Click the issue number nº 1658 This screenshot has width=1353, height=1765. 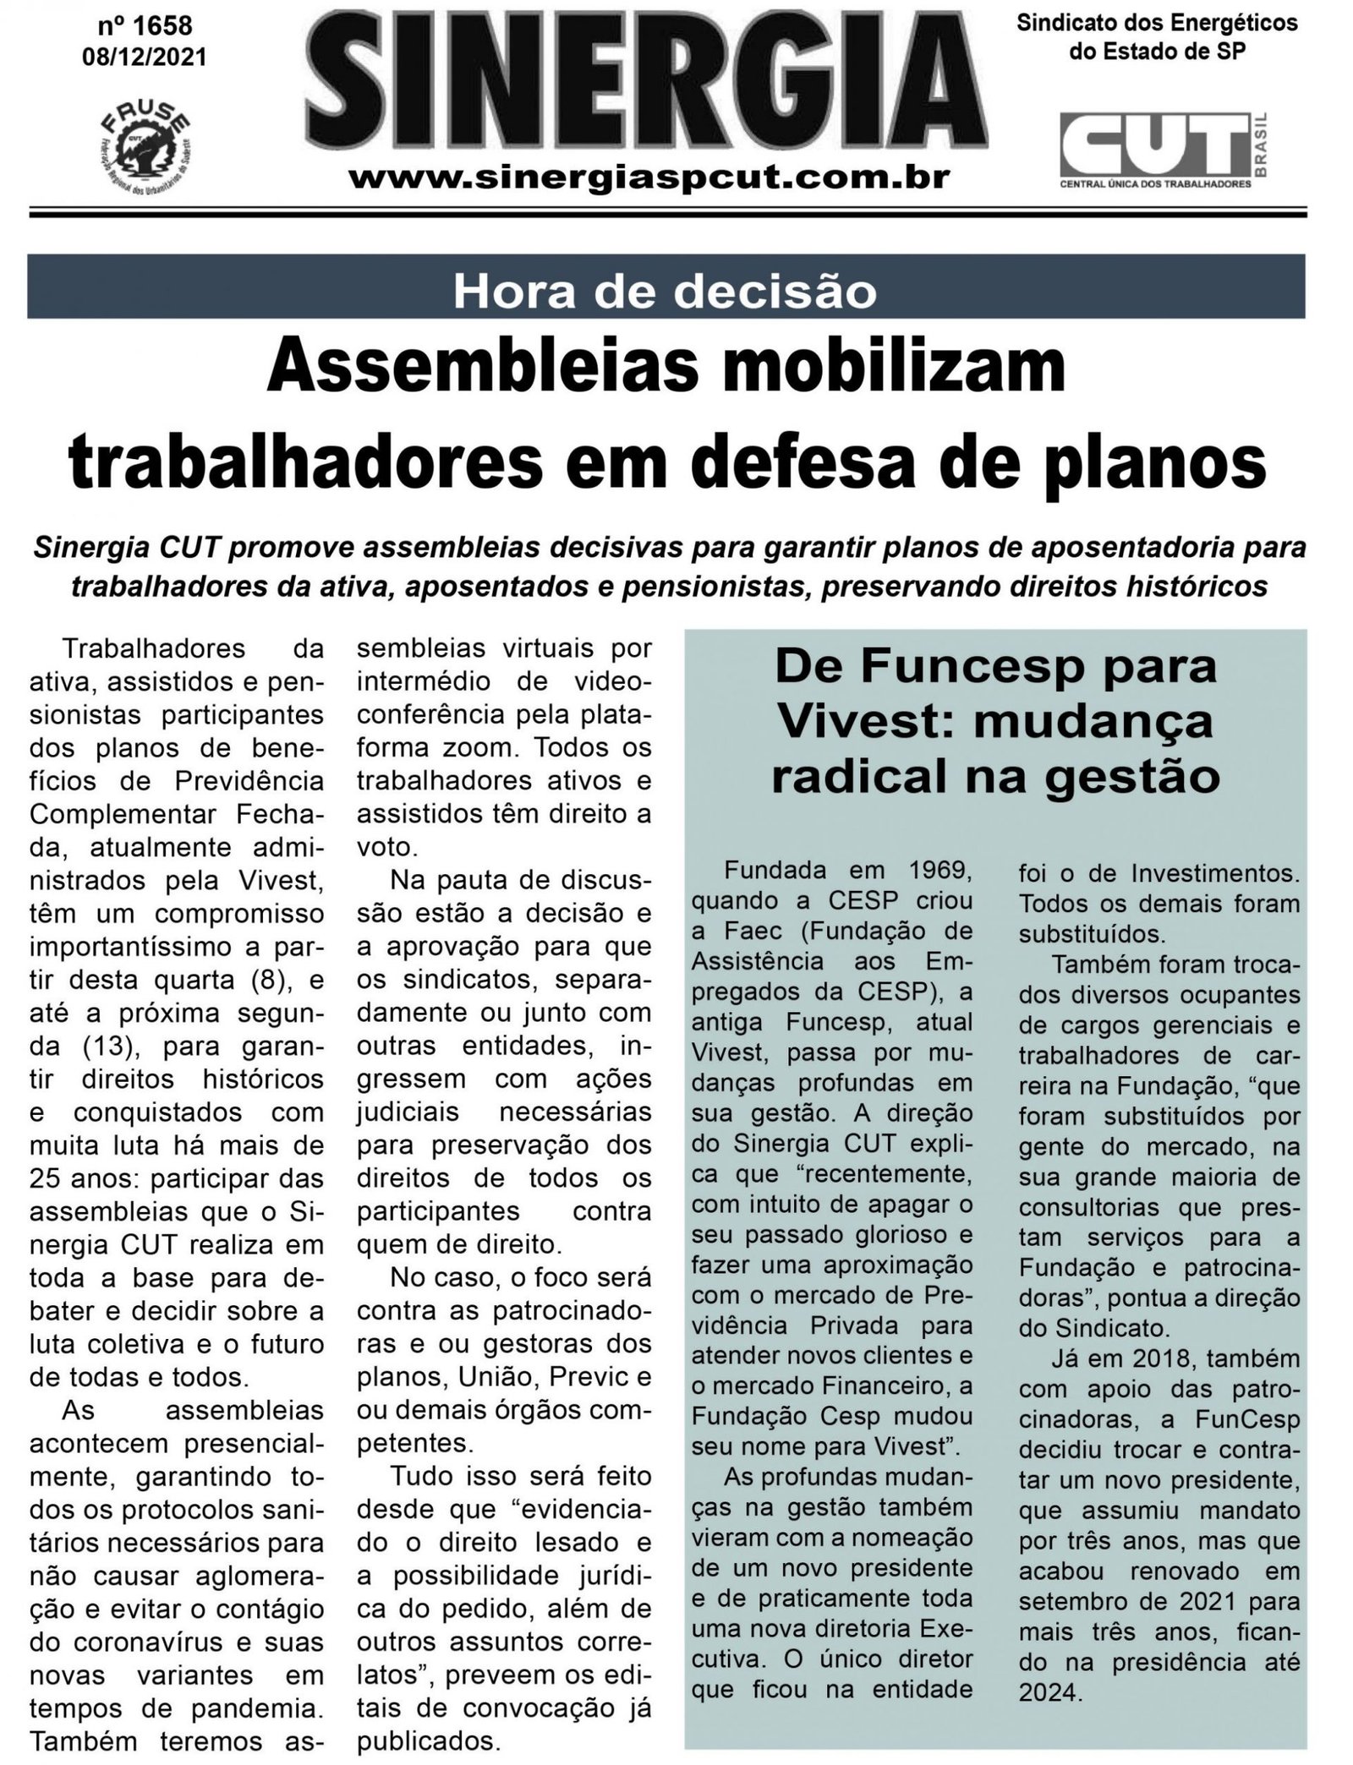click(145, 25)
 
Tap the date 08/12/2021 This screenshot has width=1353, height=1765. click(145, 56)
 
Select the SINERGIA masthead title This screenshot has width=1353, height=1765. click(649, 81)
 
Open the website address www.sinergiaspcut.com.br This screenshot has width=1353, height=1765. click(649, 178)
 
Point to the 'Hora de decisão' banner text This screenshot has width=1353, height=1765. click(665, 291)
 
